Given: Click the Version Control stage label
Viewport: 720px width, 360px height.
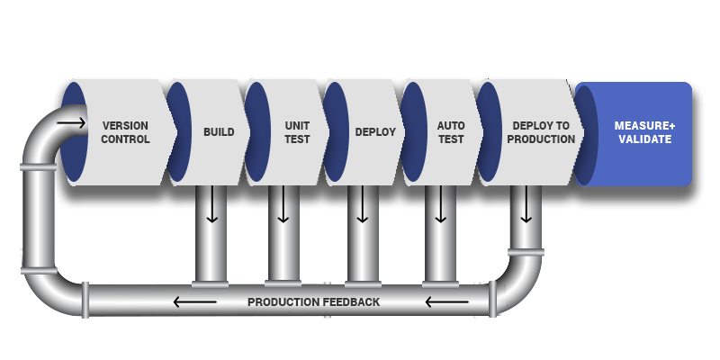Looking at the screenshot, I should coord(125,132).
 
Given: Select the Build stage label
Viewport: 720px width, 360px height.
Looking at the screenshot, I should coord(219,132).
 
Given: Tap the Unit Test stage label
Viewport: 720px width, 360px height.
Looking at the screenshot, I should coord(297,132).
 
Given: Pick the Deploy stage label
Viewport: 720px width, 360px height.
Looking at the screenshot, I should coord(375,132).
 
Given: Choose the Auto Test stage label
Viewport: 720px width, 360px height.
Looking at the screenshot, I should coord(451,132).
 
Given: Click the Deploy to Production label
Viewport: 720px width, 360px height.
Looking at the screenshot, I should coord(541,132).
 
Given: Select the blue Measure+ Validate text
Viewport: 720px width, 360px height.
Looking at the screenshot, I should coord(644,132).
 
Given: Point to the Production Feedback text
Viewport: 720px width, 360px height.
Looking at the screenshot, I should coord(313,301).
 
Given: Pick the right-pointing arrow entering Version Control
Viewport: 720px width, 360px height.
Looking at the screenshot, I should coord(71,122).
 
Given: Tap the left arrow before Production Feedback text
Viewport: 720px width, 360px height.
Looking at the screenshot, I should coord(194,301).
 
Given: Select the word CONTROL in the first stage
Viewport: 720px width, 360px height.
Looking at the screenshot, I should coord(125,139).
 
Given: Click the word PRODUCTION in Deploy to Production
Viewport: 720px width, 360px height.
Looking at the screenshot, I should coord(541,139).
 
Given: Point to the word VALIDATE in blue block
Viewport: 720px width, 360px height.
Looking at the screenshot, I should coord(644,139).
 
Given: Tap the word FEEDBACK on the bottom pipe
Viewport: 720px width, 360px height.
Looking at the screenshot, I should coord(351,301).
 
